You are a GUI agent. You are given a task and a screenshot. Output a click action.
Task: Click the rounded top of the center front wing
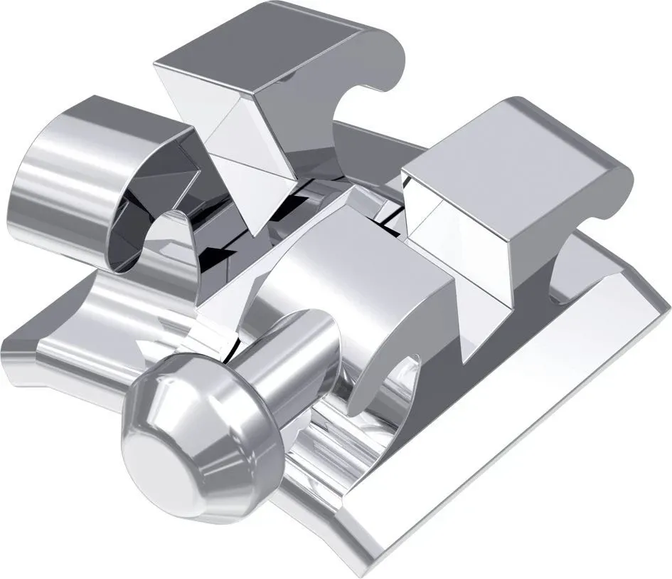click(356, 256)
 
